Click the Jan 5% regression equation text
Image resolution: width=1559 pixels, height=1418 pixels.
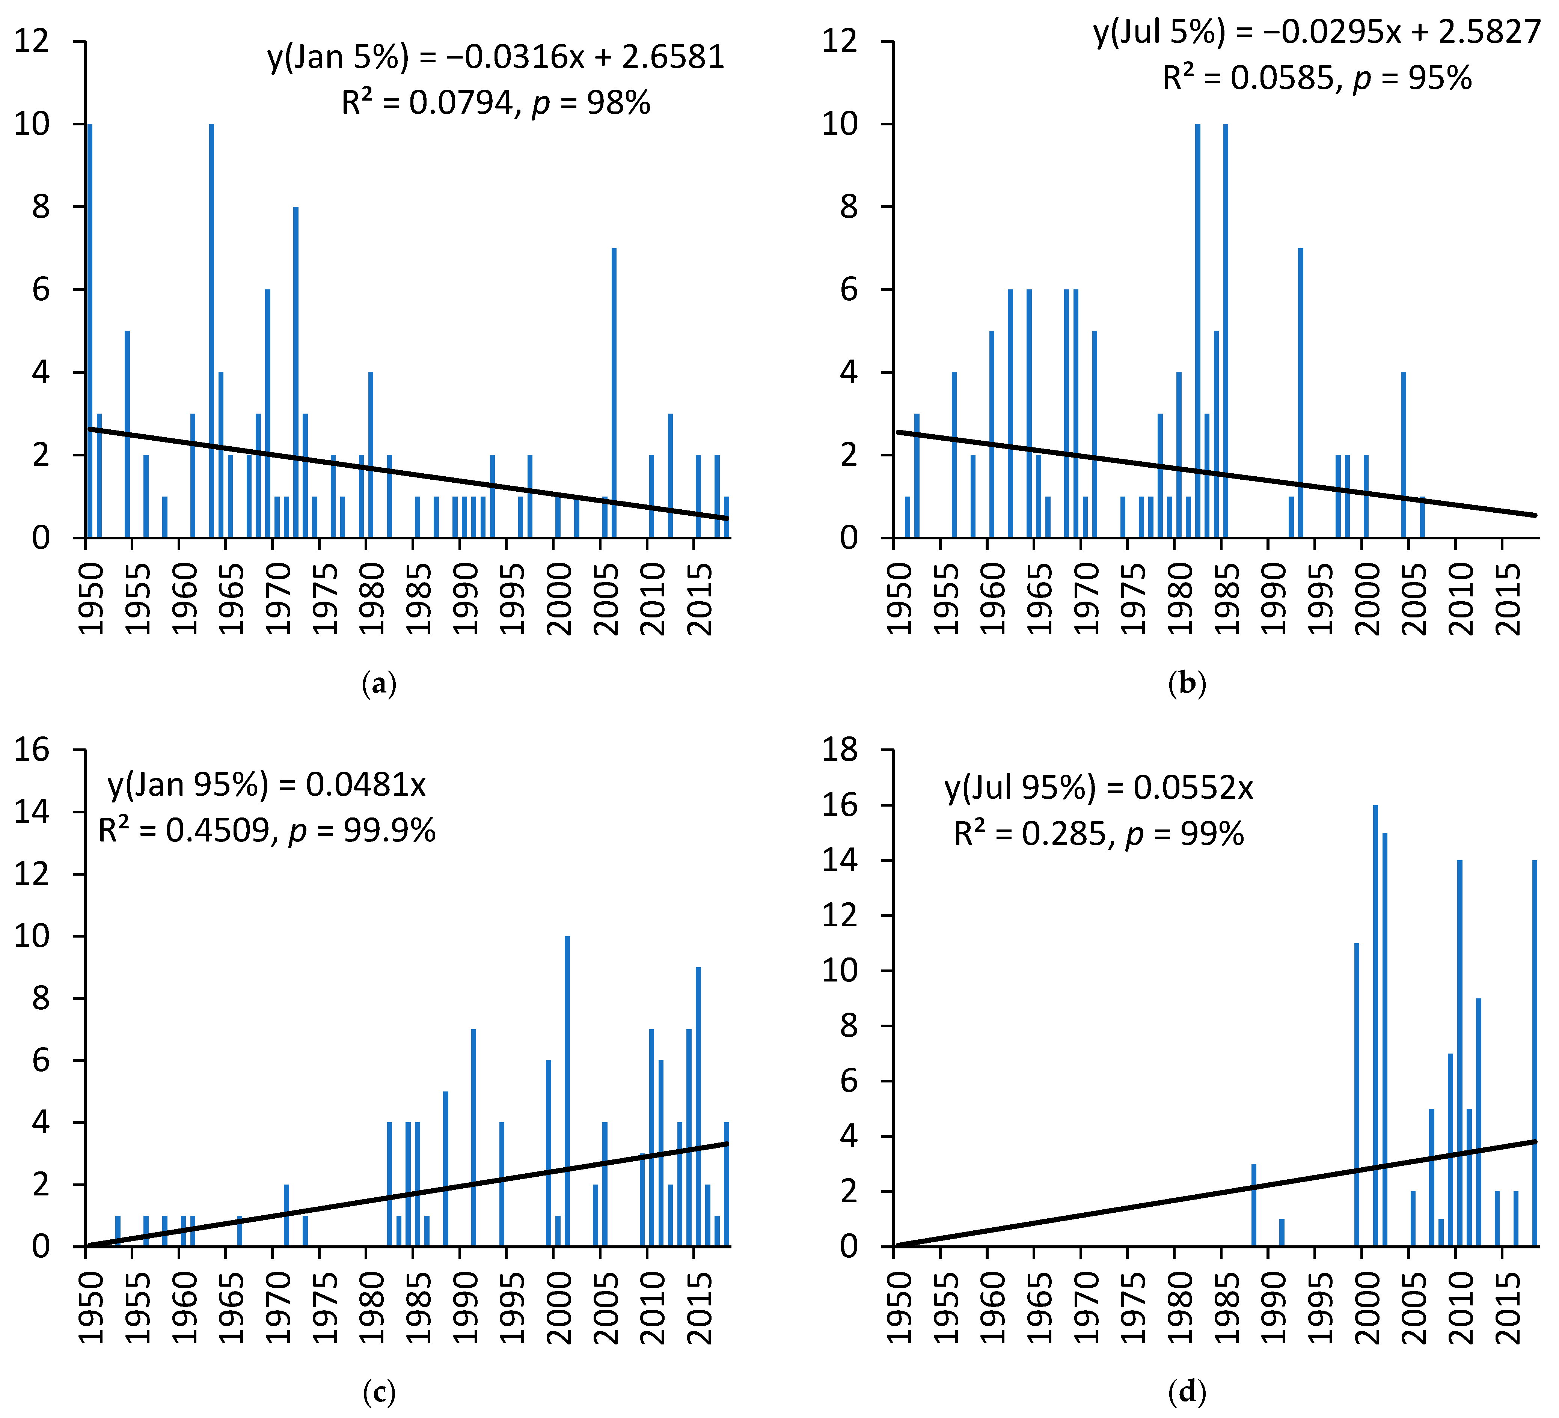coord(496,58)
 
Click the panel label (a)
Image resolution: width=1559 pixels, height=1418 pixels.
coord(379,684)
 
